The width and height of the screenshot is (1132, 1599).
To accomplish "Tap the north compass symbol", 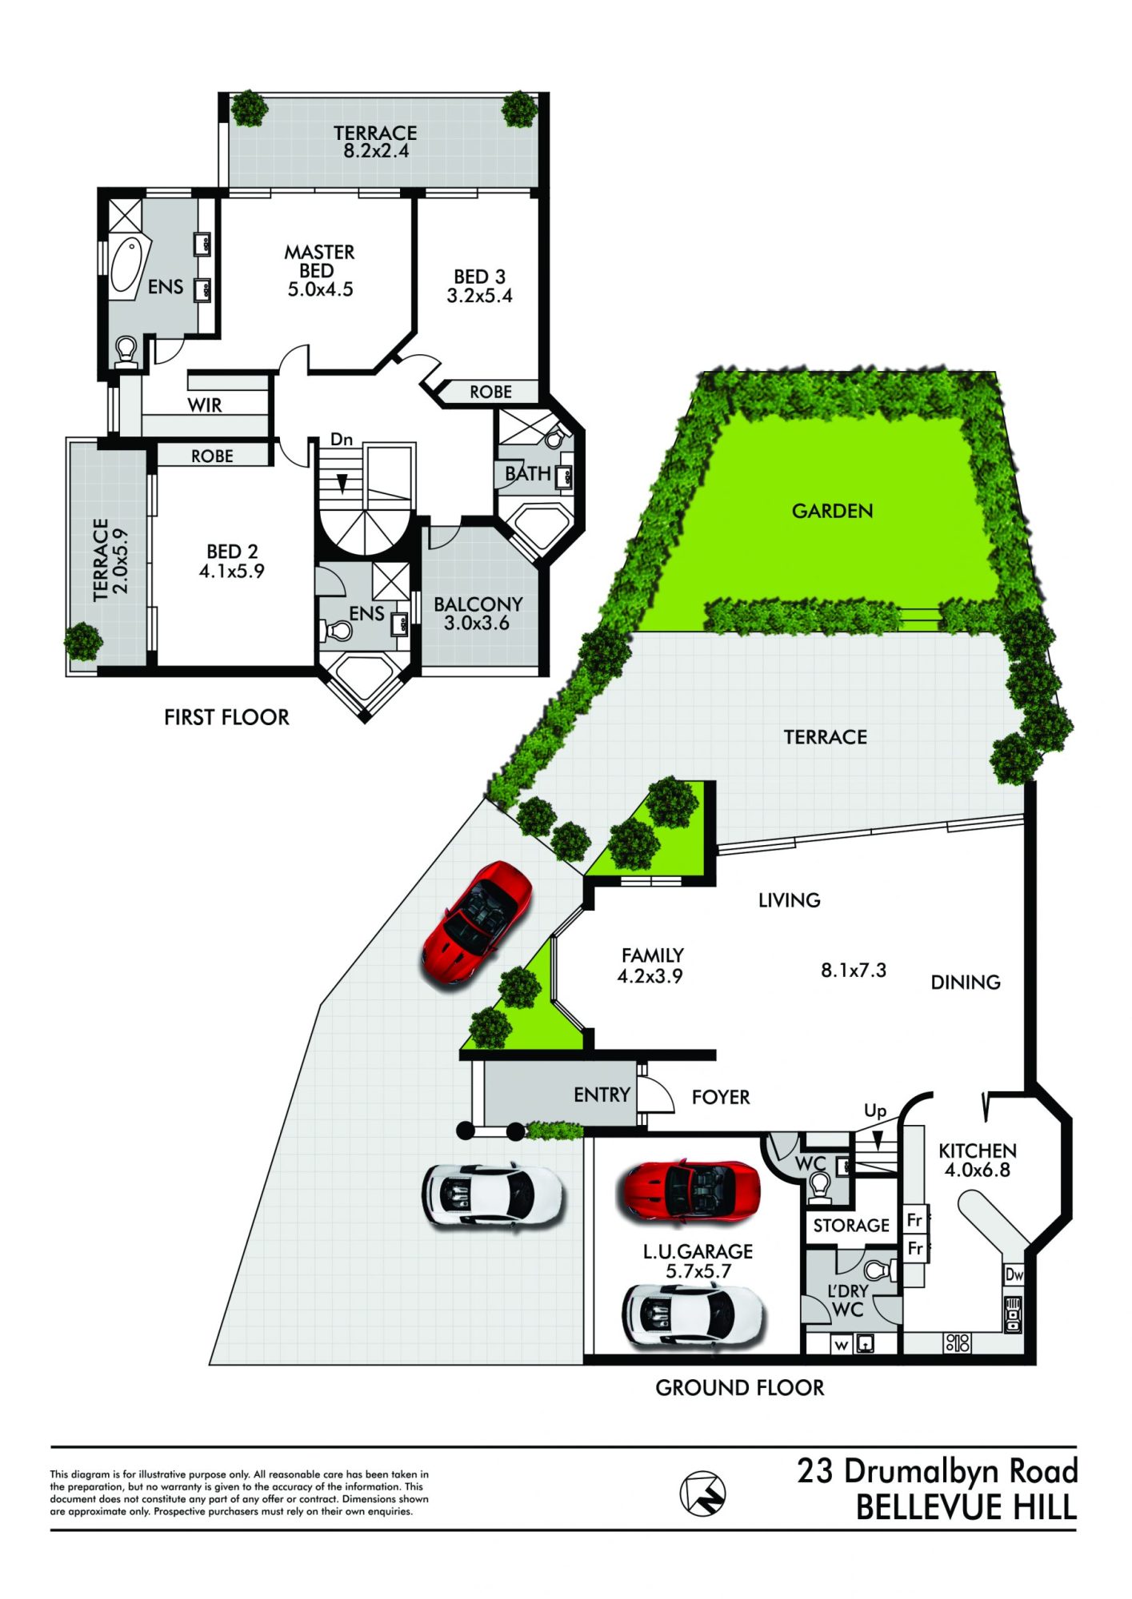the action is pyautogui.click(x=702, y=1492).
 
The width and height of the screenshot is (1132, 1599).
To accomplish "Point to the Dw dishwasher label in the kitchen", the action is pyautogui.click(x=1014, y=1274).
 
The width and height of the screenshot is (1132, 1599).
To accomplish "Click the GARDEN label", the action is pyautogui.click(x=832, y=511).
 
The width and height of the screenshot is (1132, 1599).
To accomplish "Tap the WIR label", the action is pyautogui.click(x=205, y=405).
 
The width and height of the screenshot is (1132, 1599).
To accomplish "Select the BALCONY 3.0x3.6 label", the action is pyautogui.click(x=478, y=613).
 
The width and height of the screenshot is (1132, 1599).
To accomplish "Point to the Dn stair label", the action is pyautogui.click(x=342, y=439).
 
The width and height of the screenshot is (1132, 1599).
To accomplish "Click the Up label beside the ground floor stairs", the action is pyautogui.click(x=875, y=1111).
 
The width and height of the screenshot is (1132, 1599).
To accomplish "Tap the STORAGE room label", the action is pyautogui.click(x=851, y=1226).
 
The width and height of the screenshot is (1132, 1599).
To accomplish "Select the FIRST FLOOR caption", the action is pyautogui.click(x=226, y=717).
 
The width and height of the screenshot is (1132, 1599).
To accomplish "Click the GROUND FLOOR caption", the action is pyautogui.click(x=739, y=1388).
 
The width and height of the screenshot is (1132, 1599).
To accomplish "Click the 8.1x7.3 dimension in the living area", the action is pyautogui.click(x=854, y=971).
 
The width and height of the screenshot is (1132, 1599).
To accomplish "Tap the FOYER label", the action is pyautogui.click(x=721, y=1097).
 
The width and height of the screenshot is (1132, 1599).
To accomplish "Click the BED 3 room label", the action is pyautogui.click(x=479, y=286).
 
